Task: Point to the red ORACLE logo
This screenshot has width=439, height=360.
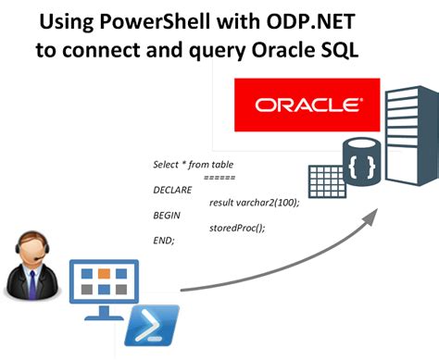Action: point(298,105)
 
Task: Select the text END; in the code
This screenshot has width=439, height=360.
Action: point(164,241)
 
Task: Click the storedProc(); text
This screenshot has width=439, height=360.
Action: point(238,228)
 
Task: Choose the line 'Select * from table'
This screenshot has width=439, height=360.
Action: point(193,165)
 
